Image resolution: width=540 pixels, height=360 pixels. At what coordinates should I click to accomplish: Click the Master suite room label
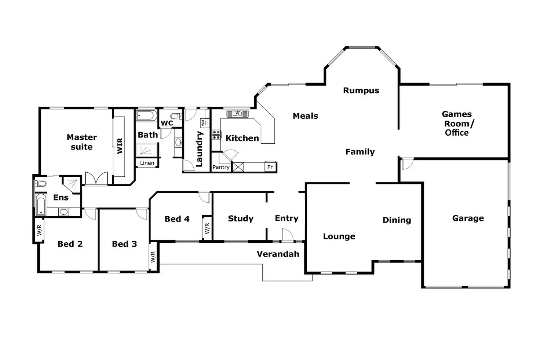81,142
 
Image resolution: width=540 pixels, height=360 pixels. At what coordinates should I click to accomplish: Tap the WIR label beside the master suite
120,146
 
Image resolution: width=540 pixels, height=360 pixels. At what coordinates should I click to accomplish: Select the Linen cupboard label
147,163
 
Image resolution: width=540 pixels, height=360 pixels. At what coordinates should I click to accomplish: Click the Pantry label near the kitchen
221,167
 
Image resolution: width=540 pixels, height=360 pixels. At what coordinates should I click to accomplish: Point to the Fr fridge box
270,167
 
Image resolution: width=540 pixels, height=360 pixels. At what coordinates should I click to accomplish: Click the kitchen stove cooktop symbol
216,135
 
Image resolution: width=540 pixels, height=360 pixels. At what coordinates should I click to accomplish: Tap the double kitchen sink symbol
237,114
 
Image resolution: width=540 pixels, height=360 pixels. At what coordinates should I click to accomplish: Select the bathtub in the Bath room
146,116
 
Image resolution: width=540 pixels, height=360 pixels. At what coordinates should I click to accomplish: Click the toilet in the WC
176,116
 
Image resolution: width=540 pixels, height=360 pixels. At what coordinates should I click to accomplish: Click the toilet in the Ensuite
41,183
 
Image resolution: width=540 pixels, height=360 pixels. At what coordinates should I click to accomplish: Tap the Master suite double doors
96,179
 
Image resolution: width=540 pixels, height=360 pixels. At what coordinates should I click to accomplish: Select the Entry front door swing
287,235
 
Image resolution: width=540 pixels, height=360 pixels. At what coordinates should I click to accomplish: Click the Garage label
468,218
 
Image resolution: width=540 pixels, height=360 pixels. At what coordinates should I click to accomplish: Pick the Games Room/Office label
457,124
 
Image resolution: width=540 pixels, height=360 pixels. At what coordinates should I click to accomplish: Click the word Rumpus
361,91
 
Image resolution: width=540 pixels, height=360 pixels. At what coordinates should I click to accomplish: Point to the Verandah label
278,254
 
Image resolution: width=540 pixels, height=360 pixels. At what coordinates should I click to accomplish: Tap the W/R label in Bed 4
207,228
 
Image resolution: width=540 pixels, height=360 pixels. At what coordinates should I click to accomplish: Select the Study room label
241,219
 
